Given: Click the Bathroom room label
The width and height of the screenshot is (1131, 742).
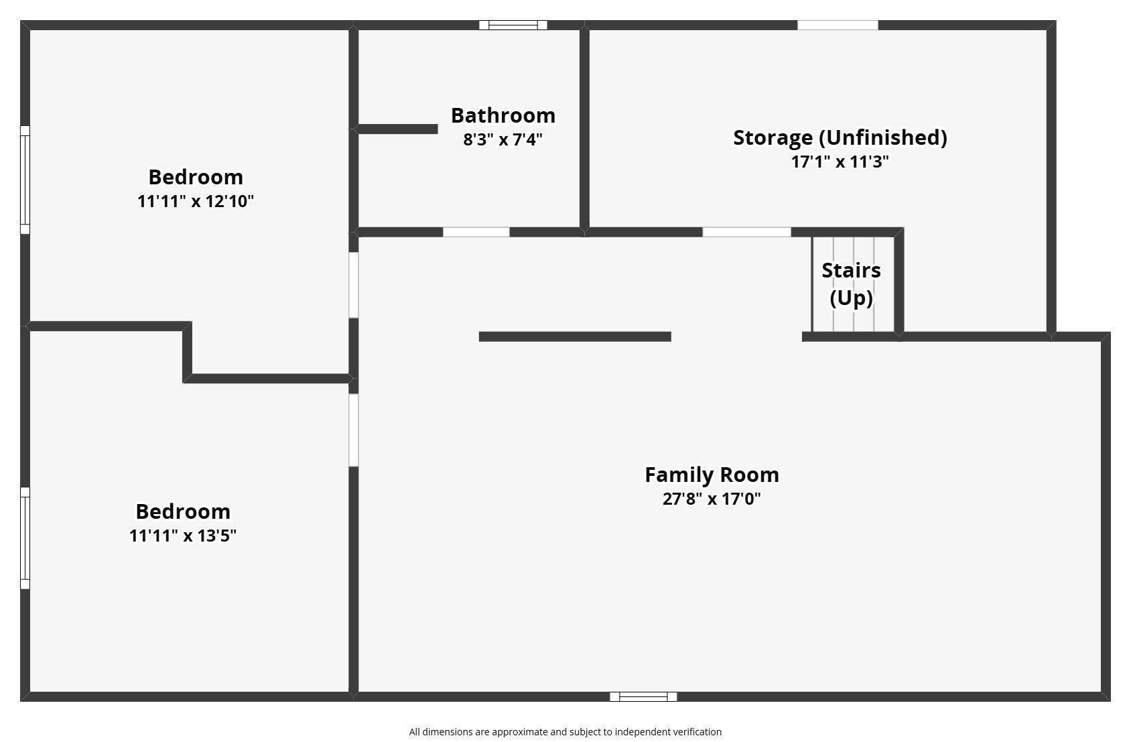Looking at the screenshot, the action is point(503,116).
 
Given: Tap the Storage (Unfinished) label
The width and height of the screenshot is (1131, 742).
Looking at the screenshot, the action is point(840,138).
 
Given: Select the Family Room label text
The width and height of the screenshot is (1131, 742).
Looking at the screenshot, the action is point(712,475).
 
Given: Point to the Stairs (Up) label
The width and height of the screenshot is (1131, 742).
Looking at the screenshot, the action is point(852,284).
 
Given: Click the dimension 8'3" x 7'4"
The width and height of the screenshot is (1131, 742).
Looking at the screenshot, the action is point(503,139).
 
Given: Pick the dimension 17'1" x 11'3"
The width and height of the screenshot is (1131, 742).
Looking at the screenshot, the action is point(840,162).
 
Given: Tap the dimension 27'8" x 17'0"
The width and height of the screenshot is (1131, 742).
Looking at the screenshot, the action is point(712,499).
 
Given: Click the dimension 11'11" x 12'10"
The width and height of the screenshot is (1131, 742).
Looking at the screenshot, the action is point(196,201).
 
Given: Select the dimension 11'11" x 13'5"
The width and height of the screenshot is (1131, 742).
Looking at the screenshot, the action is point(183,536).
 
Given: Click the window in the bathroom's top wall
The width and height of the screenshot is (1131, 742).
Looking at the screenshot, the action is point(513,25).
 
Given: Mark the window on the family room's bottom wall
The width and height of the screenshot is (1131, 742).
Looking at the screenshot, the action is point(643,696).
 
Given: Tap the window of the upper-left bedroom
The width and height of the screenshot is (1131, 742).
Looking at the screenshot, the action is point(25,180).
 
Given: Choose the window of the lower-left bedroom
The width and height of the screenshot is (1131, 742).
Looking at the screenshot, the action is point(25,538).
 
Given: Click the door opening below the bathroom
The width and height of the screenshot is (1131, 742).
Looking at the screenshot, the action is point(476,232).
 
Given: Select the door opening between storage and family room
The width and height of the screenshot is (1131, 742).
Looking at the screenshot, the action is point(747,232).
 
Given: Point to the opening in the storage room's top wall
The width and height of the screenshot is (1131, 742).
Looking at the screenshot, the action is point(838,25).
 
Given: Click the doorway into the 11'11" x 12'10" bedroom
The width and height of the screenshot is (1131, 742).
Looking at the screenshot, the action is point(354,285).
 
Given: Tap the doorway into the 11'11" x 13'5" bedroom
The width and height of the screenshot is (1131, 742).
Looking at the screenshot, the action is point(354,430).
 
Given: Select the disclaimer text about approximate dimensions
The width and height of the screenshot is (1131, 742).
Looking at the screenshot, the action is point(565,732).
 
